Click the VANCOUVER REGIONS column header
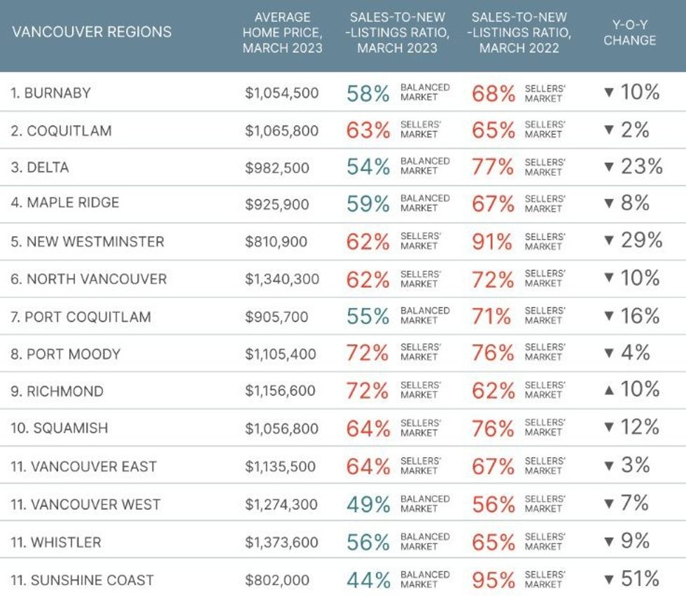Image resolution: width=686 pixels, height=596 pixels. [92, 32]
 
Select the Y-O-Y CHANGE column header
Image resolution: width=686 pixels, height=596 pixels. [629, 32]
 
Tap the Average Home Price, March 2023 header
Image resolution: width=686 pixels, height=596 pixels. [282, 32]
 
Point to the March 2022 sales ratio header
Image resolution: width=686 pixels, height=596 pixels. [519, 32]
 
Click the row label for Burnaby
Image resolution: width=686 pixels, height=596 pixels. [50, 92]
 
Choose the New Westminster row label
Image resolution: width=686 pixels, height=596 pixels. [87, 242]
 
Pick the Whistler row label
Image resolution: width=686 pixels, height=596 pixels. [56, 542]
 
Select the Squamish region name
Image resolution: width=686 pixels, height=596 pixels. [59, 428]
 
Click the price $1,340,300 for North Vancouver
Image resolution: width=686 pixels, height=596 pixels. [282, 279]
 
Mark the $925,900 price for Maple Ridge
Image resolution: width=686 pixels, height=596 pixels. [277, 204]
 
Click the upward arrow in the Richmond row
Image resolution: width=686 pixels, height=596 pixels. [608, 390]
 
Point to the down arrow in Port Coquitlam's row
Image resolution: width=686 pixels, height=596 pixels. [608, 317]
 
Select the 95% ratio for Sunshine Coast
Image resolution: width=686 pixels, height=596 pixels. [493, 580]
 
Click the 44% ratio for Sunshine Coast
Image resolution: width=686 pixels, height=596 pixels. [368, 580]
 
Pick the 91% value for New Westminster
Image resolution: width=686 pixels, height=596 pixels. [493, 242]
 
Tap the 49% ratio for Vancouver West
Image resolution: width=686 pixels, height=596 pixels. [368, 504]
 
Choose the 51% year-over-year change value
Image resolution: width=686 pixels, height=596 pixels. [640, 579]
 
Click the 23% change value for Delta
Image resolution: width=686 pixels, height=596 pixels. [642, 167]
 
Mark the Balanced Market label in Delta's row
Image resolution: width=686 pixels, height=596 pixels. [425, 166]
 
